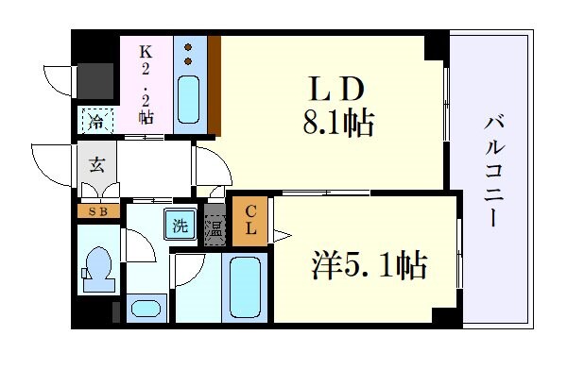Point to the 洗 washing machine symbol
pos(179,226)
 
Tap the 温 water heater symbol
pos(215,226)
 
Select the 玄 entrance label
pos(96,165)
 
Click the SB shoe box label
pos(97,211)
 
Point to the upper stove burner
pos(189,47)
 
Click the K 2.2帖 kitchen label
pos(146,82)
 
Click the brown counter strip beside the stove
pos(215,85)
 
